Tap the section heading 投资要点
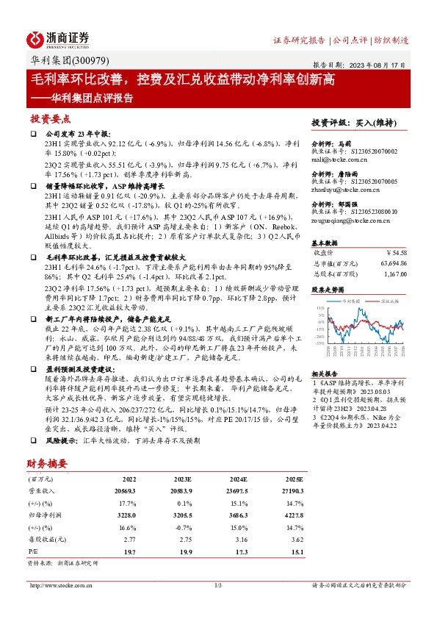(51, 118)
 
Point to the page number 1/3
(217, 585)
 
